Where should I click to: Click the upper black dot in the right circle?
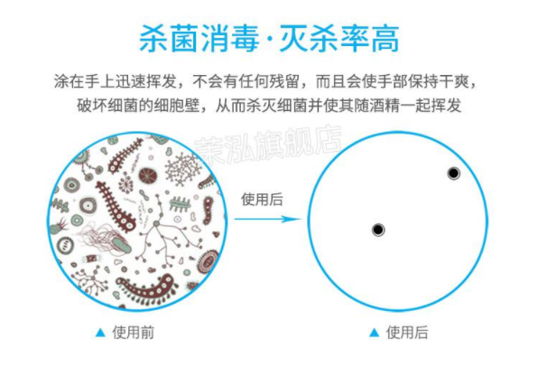point(453,174)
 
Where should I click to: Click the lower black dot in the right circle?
point(378,230)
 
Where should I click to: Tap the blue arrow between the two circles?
point(267,219)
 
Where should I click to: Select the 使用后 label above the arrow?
point(262,199)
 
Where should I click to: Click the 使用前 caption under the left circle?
point(134,333)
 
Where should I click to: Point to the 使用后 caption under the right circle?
point(407,333)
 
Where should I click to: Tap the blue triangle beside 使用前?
point(100,333)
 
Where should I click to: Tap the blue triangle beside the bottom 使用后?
point(375,333)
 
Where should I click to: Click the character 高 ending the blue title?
point(385,39)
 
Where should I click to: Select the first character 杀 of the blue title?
point(153,39)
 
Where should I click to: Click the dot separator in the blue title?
point(269,40)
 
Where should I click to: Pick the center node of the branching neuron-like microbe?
point(156,223)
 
